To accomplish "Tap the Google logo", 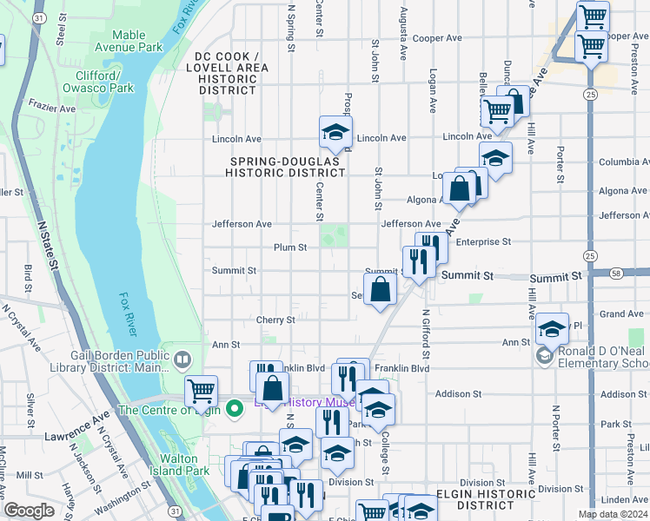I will coord(29,511).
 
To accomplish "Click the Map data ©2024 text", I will coord(612,514).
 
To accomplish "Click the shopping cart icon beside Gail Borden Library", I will coord(201,392).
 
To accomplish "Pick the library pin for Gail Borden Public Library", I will coord(182,359).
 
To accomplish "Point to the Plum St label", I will coord(290,247).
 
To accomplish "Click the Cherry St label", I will coord(276,320).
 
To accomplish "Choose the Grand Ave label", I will coord(621,313).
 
